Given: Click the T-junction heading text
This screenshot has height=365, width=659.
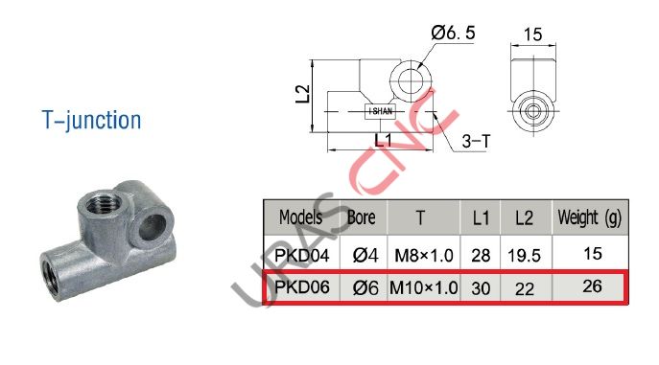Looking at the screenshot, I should (x=91, y=121).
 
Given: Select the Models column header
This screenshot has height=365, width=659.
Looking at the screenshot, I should (x=300, y=217).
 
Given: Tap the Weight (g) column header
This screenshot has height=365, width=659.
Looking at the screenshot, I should (x=590, y=217).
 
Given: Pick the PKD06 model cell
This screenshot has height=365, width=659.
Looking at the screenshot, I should (x=301, y=287).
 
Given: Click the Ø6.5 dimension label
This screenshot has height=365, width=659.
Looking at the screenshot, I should (x=454, y=34).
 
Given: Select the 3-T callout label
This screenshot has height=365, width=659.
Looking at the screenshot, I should (x=476, y=142).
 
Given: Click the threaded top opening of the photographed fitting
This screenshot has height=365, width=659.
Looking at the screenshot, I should (x=100, y=203).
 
